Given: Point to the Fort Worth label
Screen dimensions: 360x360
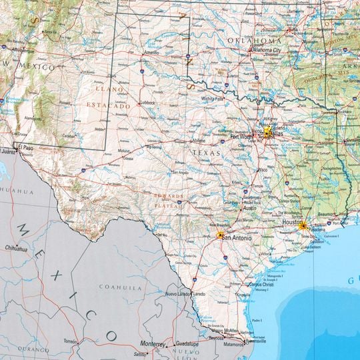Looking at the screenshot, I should click(x=242, y=137).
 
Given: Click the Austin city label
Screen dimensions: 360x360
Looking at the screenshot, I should click(x=250, y=208).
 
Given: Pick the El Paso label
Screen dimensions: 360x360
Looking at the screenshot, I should click(x=26, y=147).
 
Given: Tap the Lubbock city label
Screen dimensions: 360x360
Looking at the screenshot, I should click(x=147, y=103).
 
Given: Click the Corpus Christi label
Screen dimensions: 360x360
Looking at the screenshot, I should click(x=261, y=285).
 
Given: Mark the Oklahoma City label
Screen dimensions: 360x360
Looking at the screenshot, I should click(x=266, y=50).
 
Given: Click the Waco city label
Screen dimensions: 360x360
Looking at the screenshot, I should click(x=264, y=169).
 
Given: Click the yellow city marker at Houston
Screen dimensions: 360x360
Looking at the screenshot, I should click(x=303, y=227).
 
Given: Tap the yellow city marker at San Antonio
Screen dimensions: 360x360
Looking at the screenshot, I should click(x=221, y=235).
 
